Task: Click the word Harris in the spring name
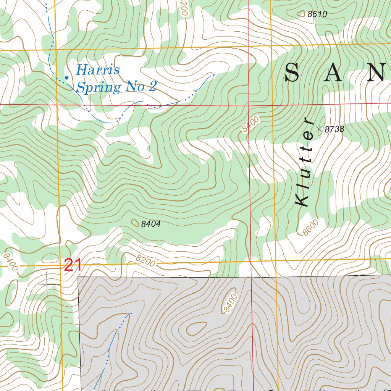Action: click(x=98, y=70)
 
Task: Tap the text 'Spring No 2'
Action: click(x=116, y=87)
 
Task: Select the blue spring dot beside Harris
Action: click(x=66, y=78)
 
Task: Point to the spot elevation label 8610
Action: click(x=317, y=15)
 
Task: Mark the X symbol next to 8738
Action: click(x=319, y=129)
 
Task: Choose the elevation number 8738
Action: click(x=334, y=130)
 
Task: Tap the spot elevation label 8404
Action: click(x=150, y=224)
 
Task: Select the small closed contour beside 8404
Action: click(x=135, y=222)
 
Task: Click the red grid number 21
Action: click(x=73, y=265)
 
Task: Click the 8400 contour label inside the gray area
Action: click(x=231, y=304)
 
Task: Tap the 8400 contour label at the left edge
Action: click(x=10, y=262)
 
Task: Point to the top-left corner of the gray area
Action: click(x=78, y=277)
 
